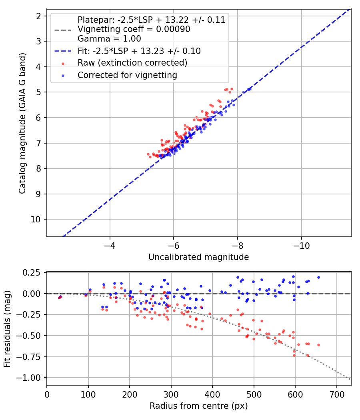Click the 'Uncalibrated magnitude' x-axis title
click(198, 257)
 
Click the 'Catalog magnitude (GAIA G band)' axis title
click(22, 124)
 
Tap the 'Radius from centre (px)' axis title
click(198, 406)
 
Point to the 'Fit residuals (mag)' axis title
click(7, 329)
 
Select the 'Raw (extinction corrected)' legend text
click(132, 63)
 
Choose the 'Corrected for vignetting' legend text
click(127, 75)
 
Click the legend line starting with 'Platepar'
click(151, 20)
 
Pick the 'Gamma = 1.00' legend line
click(109, 39)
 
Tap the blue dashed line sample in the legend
click(63, 51)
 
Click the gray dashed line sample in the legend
click(63, 30)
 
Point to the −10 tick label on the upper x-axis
click(301, 246)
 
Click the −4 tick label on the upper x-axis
click(110, 246)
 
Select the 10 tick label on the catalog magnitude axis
click(35, 219)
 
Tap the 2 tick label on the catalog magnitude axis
click(38, 16)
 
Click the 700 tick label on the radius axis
click(337, 394)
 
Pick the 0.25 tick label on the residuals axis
click(31, 273)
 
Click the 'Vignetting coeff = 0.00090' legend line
click(134, 29)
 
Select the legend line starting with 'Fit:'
click(139, 51)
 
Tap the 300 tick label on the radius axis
click(171, 394)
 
